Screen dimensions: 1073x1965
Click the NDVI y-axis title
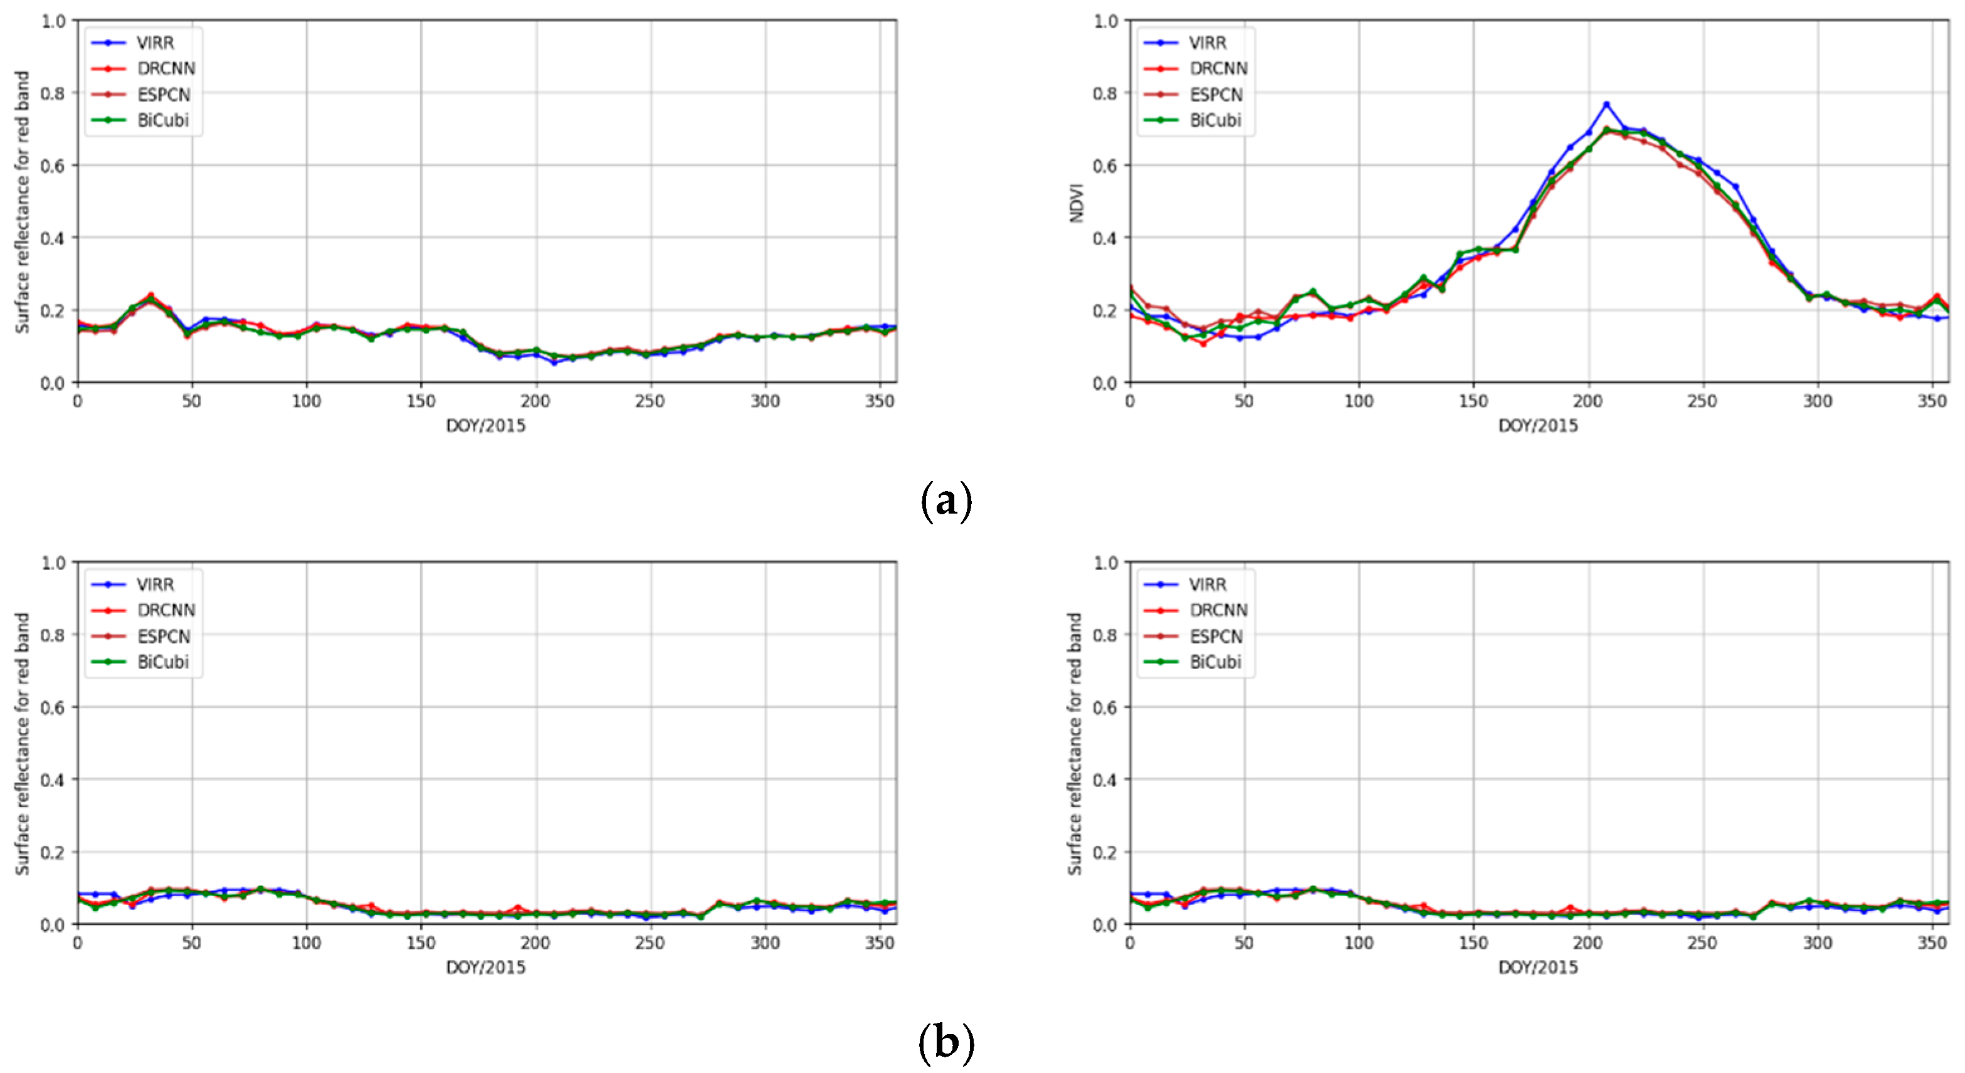tap(1077, 201)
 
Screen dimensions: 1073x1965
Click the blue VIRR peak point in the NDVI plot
tap(1606, 105)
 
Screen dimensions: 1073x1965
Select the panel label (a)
tap(946, 502)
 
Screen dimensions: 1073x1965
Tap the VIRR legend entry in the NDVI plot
tap(1207, 43)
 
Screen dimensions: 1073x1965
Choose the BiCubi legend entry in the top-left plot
tap(162, 120)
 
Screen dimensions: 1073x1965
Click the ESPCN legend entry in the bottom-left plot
tap(163, 637)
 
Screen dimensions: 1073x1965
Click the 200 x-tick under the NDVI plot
tap(1588, 401)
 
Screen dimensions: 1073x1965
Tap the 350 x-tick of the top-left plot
tap(880, 401)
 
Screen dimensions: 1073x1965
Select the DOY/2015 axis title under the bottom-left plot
tap(486, 968)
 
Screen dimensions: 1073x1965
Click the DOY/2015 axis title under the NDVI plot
tap(1538, 426)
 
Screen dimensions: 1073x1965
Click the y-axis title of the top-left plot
tap(23, 201)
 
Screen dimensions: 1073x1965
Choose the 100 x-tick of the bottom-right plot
tap(1359, 943)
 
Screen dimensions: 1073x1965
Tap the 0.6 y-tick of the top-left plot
tap(53, 166)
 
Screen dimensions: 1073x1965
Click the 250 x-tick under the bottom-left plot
tap(650, 943)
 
